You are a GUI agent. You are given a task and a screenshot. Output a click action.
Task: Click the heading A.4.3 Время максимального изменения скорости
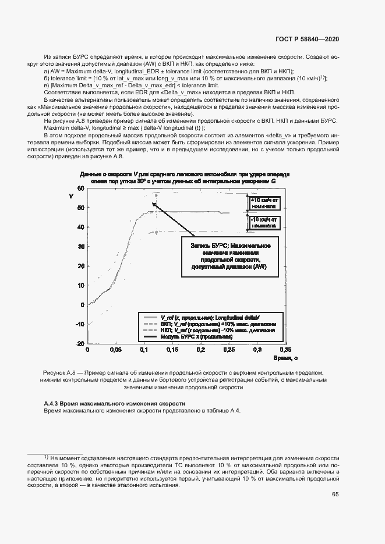(115, 403)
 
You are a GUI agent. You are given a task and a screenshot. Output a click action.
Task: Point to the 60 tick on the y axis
(80, 189)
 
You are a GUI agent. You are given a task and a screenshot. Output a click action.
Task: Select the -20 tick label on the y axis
(80, 344)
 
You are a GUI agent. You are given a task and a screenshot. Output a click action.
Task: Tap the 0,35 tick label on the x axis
(284, 350)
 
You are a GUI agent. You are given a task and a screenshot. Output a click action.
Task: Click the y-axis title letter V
(70, 195)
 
